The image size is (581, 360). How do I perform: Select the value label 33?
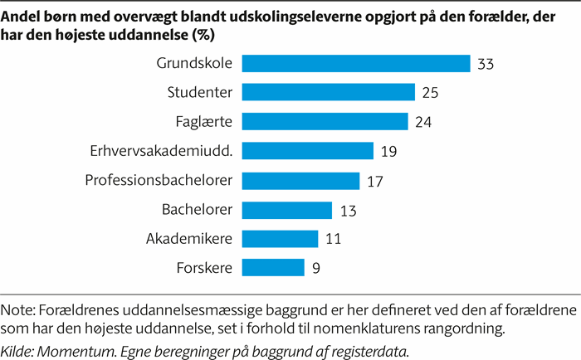pyautogui.click(x=486, y=65)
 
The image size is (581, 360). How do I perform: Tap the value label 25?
pyautogui.click(x=430, y=94)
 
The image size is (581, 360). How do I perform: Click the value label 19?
pyautogui.click(x=388, y=152)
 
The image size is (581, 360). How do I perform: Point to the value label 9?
pyautogui.click(x=316, y=268)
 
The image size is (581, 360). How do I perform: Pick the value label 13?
pyautogui.click(x=347, y=210)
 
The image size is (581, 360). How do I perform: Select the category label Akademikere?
pyautogui.click(x=188, y=238)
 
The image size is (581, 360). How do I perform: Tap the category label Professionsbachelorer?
pyautogui.click(x=159, y=180)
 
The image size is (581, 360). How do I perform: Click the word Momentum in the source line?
pyautogui.click(x=74, y=346)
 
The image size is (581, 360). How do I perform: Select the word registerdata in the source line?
pyautogui.click(x=371, y=346)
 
